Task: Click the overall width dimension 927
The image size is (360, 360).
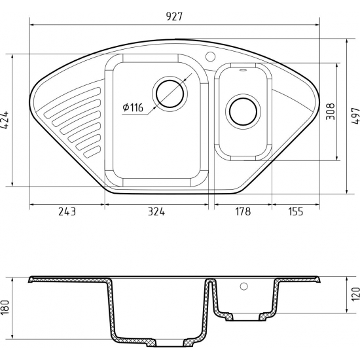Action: point(174,16)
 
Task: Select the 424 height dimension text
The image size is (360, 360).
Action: point(5,120)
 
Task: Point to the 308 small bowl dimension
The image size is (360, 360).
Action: point(331,111)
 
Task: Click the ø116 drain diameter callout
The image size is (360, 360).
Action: point(133,107)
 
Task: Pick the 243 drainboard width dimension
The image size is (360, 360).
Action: point(67,211)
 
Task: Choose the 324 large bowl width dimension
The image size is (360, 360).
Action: point(156,211)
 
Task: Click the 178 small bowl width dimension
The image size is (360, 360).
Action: point(243,211)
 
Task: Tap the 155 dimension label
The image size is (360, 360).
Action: point(296,211)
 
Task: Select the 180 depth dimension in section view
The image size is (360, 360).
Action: point(5,307)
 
